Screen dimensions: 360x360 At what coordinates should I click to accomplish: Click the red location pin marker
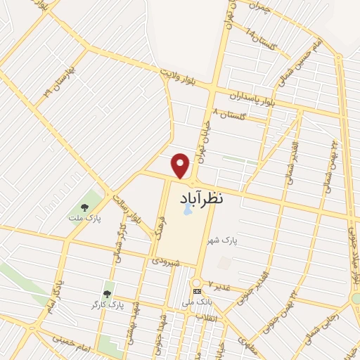(x=181, y=165)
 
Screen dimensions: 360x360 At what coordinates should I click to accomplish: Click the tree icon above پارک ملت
(x=84, y=207)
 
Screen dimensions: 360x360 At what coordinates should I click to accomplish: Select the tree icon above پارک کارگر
(x=108, y=294)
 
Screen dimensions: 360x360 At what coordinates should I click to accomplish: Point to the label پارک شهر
(x=222, y=240)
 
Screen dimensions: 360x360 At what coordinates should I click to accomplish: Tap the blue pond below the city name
(x=187, y=210)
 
